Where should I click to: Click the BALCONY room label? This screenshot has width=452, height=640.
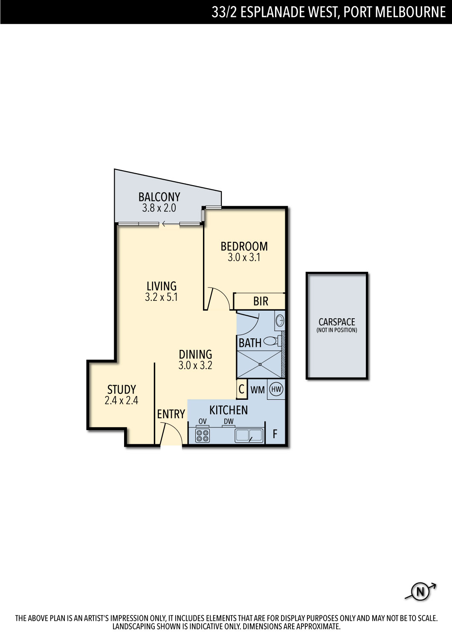point(159,197)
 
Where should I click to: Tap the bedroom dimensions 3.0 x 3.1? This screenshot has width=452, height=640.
point(244,257)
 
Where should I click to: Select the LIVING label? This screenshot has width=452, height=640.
point(161,286)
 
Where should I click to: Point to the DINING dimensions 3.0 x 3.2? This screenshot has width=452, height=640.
point(195,365)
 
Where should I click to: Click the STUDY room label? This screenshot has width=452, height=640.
point(122,390)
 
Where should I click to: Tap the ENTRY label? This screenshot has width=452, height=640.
point(171,414)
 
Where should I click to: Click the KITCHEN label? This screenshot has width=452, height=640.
point(229,410)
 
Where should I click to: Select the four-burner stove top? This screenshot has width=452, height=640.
point(203,436)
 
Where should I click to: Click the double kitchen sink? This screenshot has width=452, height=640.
point(249,436)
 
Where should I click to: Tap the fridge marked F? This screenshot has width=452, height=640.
point(275,434)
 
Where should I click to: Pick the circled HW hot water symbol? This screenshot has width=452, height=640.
point(276,389)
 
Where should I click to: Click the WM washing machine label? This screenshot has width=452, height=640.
point(258,390)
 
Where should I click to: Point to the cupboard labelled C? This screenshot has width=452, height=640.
point(241,389)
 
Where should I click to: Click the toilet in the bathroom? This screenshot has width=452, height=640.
point(272,340)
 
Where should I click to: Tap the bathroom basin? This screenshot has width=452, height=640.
point(280,320)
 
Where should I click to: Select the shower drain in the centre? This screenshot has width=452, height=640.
point(260,364)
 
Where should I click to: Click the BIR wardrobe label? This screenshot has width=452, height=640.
point(261,301)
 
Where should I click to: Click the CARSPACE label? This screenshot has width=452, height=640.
point(336,322)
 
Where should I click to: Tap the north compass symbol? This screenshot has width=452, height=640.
point(420,592)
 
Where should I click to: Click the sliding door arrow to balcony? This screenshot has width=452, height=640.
point(169,224)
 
